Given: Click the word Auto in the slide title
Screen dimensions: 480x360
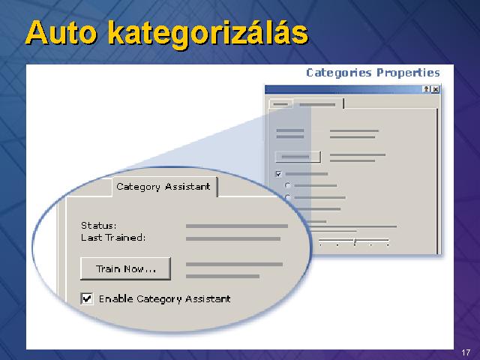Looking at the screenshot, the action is click(x=61, y=32).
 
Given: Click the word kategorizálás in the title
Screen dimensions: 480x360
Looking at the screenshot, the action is click(x=208, y=34).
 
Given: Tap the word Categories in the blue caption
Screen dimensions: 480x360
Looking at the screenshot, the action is click(x=339, y=73).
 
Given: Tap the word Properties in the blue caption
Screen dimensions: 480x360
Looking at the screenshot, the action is click(x=408, y=73).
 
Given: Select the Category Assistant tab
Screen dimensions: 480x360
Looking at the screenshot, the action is click(x=164, y=187).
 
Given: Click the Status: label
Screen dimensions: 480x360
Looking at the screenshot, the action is click(x=98, y=226).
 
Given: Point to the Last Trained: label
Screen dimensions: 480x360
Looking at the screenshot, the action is click(x=113, y=238).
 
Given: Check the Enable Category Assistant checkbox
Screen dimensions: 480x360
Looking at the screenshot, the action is click(x=87, y=298).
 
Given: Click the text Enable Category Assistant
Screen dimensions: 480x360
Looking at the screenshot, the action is click(x=165, y=298).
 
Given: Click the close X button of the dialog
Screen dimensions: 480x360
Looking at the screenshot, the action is click(x=436, y=89).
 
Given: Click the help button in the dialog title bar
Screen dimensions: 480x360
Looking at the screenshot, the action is click(x=427, y=89).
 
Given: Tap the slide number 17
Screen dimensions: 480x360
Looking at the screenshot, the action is click(x=466, y=352).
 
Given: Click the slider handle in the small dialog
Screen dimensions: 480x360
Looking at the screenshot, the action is click(x=355, y=241).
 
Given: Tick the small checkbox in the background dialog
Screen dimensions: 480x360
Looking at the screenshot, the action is click(x=278, y=174).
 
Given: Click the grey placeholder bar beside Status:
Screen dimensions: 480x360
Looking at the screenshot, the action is click(x=237, y=226).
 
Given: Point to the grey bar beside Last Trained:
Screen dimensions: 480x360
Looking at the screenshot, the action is click(x=233, y=238).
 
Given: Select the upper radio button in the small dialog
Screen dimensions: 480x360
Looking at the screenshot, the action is click(x=288, y=185).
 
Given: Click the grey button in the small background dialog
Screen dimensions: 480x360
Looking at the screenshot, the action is click(x=298, y=157).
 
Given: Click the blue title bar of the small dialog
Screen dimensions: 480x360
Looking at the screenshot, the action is click(x=343, y=89).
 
